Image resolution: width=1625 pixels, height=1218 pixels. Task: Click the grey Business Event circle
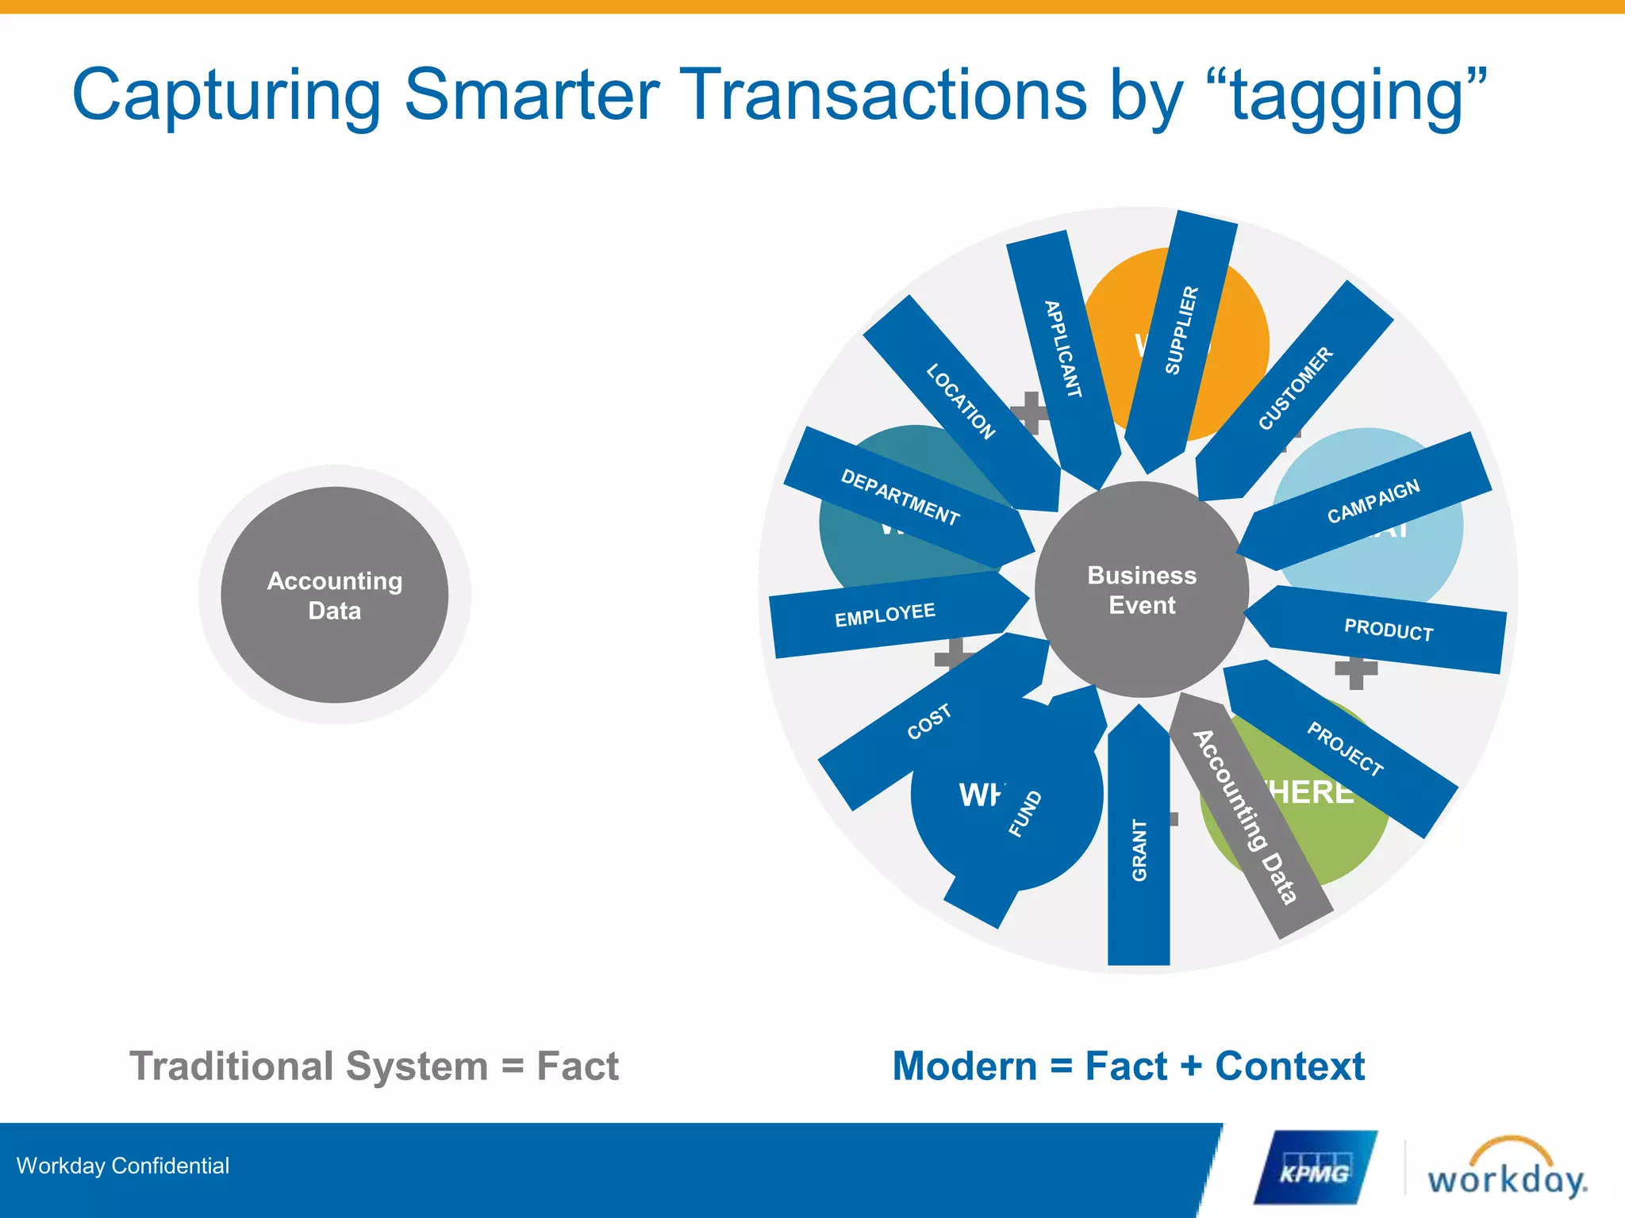point(1141,590)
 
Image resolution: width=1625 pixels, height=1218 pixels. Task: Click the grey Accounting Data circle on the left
point(334,595)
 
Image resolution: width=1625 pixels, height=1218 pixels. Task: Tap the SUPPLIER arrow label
point(1181,329)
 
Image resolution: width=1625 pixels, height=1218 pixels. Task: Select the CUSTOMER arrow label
point(1295,389)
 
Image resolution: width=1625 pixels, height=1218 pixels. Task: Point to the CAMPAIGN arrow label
point(1373,501)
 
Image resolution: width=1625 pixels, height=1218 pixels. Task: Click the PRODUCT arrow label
point(1388,630)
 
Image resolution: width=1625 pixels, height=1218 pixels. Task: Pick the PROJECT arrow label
point(1345,749)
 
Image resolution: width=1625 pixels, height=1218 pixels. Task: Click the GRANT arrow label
point(1139,850)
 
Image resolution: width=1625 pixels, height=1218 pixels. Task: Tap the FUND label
point(1024,813)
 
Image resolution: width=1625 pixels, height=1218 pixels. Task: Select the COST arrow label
point(928,722)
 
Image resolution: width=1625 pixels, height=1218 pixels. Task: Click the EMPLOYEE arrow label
point(885,615)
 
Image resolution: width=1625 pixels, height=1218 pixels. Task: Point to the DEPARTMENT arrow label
point(900,497)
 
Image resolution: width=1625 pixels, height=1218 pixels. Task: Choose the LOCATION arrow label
point(960,401)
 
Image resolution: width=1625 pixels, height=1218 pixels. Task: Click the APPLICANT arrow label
point(1063,349)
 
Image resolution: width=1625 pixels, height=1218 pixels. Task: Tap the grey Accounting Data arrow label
point(1245,817)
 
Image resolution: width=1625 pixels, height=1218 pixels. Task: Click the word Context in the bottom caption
point(1289,1066)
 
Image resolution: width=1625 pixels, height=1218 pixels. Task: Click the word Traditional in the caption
point(231,1066)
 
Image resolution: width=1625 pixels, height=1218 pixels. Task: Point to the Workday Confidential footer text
point(123,1166)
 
